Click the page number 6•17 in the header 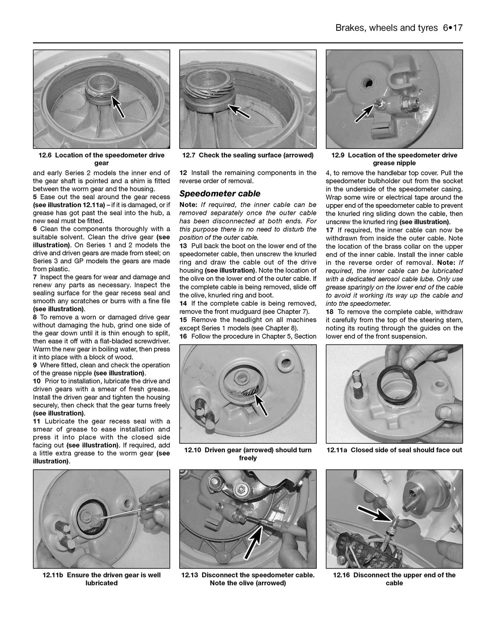[453, 28]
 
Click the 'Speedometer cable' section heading [220, 194]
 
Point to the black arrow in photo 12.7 [239, 111]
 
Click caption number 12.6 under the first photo [46, 155]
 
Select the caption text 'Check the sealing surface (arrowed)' [256, 155]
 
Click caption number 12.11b [53, 575]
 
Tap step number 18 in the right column [330, 312]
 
